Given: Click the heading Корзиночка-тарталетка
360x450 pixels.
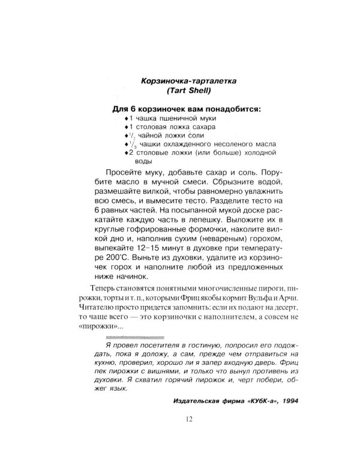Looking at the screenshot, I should pyautogui.click(x=179, y=81).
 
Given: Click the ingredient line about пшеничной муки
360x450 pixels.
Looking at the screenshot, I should pyautogui.click(x=169, y=119).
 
